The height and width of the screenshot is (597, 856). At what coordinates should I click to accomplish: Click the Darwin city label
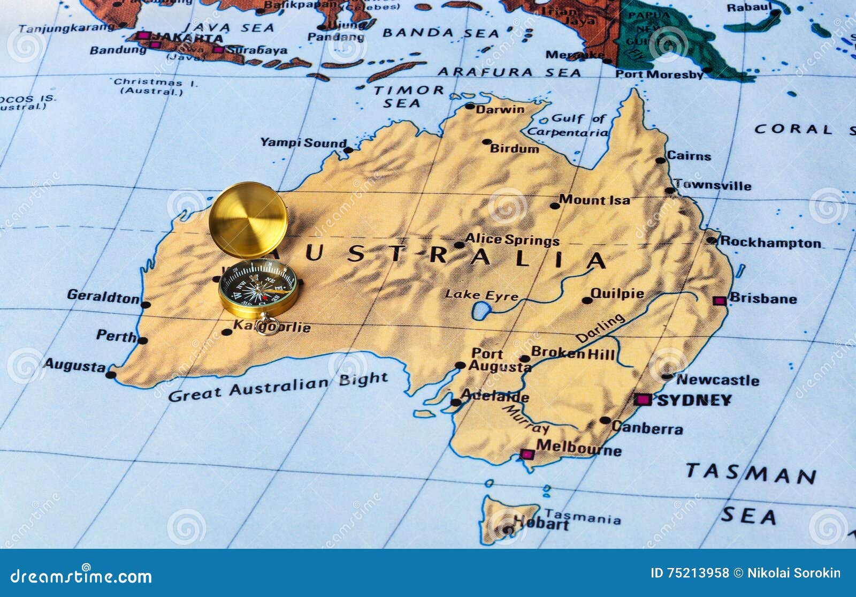coord(500,110)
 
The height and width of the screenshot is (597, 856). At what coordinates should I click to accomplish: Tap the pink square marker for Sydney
coord(642,399)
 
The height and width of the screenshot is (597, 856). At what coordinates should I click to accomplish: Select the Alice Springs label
coord(512,240)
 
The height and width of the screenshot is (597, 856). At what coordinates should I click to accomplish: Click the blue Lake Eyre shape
coord(481,311)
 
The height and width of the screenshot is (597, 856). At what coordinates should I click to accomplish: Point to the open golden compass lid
coord(248,220)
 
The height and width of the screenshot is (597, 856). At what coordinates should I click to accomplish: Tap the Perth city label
coord(116,336)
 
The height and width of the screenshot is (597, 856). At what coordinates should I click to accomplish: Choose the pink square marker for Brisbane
coord(720,300)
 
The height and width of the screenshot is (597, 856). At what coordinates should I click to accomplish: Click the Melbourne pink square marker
coord(527,455)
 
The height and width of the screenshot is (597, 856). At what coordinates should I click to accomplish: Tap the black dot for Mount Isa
coord(554,206)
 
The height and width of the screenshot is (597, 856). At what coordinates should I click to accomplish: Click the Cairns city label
coord(689,156)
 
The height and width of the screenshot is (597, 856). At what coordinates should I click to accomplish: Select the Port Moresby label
coord(659,74)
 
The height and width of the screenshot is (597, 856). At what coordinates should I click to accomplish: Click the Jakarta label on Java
coord(187,38)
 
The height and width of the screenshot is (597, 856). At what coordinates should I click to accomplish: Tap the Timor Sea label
coord(408,96)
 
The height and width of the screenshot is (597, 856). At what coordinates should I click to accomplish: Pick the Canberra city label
coord(647,428)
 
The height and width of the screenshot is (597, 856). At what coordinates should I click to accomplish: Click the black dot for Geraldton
coord(146,305)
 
